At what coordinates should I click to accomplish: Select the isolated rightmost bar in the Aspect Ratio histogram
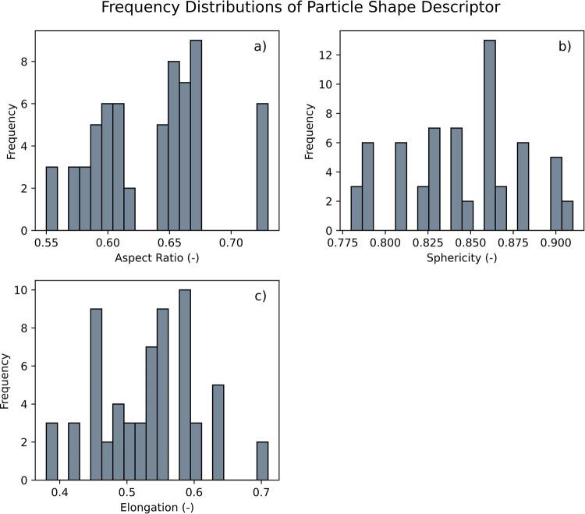tap(263, 168)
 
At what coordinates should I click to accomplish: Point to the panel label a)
tap(260, 47)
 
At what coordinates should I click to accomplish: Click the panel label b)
tap(563, 47)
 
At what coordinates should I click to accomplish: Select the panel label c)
tap(260, 296)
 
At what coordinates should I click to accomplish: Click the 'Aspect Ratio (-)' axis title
tap(158, 258)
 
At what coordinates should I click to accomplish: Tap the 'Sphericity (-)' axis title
tap(462, 258)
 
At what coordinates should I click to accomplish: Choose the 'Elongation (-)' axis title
tap(158, 507)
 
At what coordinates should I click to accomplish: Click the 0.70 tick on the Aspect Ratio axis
tap(232, 243)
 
